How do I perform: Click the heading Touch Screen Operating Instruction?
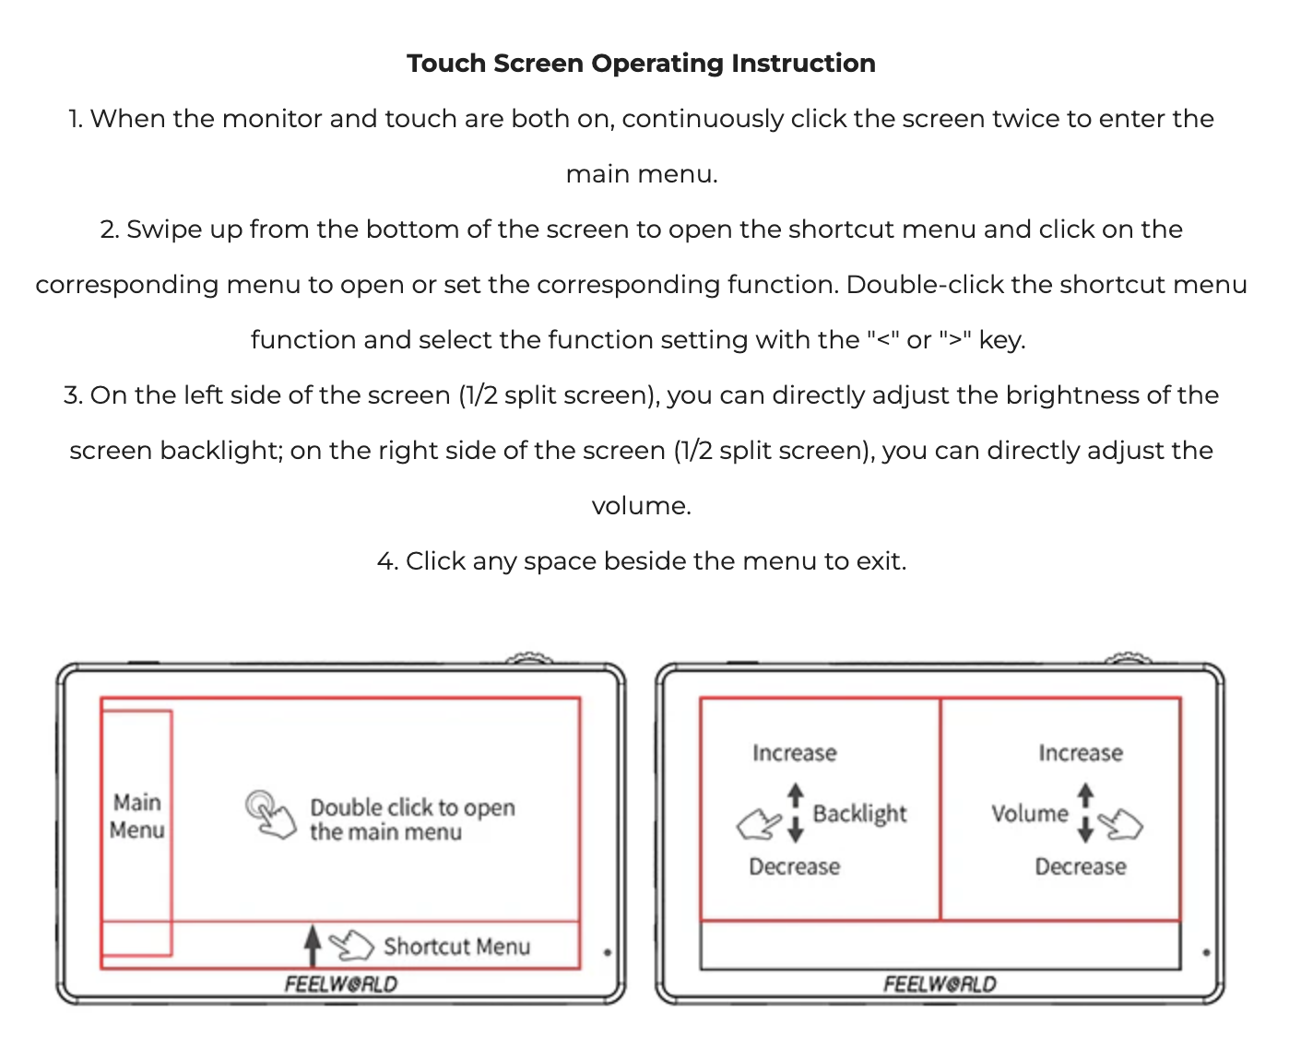[641, 64]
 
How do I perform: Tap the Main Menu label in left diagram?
[137, 817]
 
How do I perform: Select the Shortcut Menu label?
[456, 947]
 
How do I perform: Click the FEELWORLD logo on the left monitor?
[341, 984]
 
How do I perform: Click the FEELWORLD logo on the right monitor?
[940, 984]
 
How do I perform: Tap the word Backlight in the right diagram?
[859, 814]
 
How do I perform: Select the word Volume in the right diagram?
[1029, 814]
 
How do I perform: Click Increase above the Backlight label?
[794, 753]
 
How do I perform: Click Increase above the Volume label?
[1080, 753]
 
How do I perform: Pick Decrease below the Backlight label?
[794, 867]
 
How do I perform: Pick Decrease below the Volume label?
[1080, 867]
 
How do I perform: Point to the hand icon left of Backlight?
[758, 823]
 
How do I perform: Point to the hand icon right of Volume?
[1121, 823]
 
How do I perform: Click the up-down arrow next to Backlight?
[796, 813]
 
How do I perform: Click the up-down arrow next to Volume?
[1085, 813]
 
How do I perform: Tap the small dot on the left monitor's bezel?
[608, 952]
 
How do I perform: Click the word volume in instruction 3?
[641, 506]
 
